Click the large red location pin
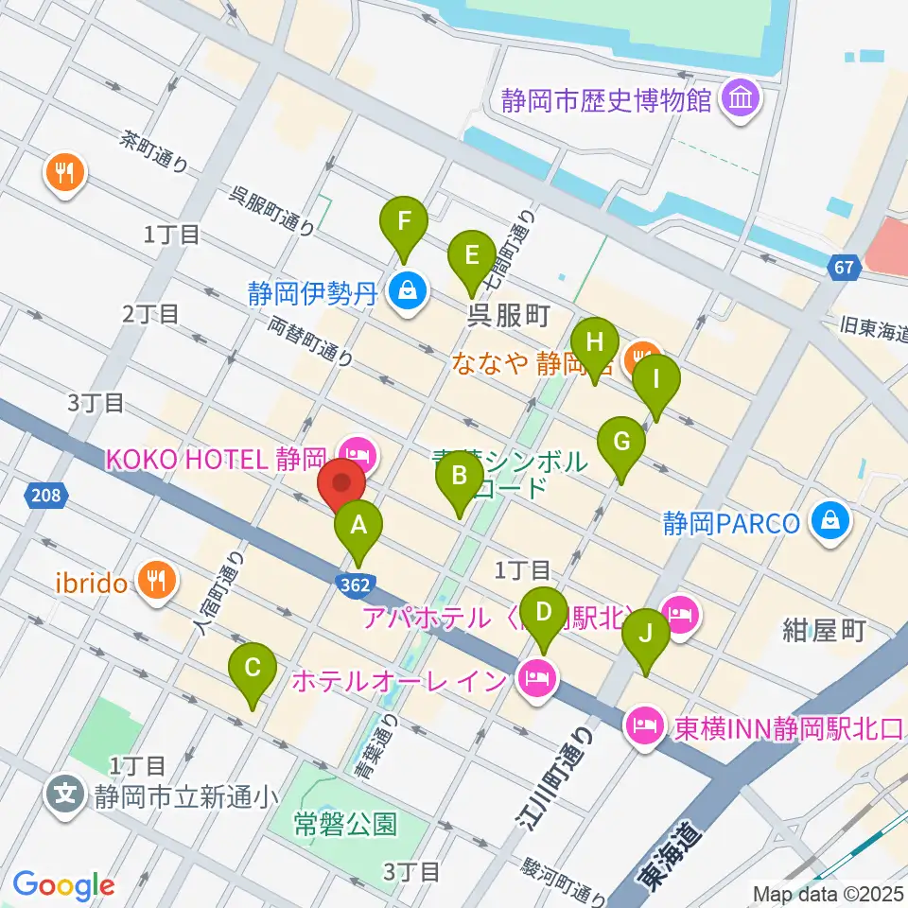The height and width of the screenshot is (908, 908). pyautogui.click(x=342, y=486)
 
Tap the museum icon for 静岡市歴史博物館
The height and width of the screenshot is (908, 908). pyautogui.click(x=741, y=101)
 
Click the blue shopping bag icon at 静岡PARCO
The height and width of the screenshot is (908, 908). pyautogui.click(x=829, y=521)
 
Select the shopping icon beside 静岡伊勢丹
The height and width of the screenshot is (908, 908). pyautogui.click(x=406, y=292)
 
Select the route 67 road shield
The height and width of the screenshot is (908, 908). pyautogui.click(x=845, y=269)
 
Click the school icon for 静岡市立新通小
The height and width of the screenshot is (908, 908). pyautogui.click(x=66, y=793)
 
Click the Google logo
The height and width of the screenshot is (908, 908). pyautogui.click(x=63, y=884)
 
